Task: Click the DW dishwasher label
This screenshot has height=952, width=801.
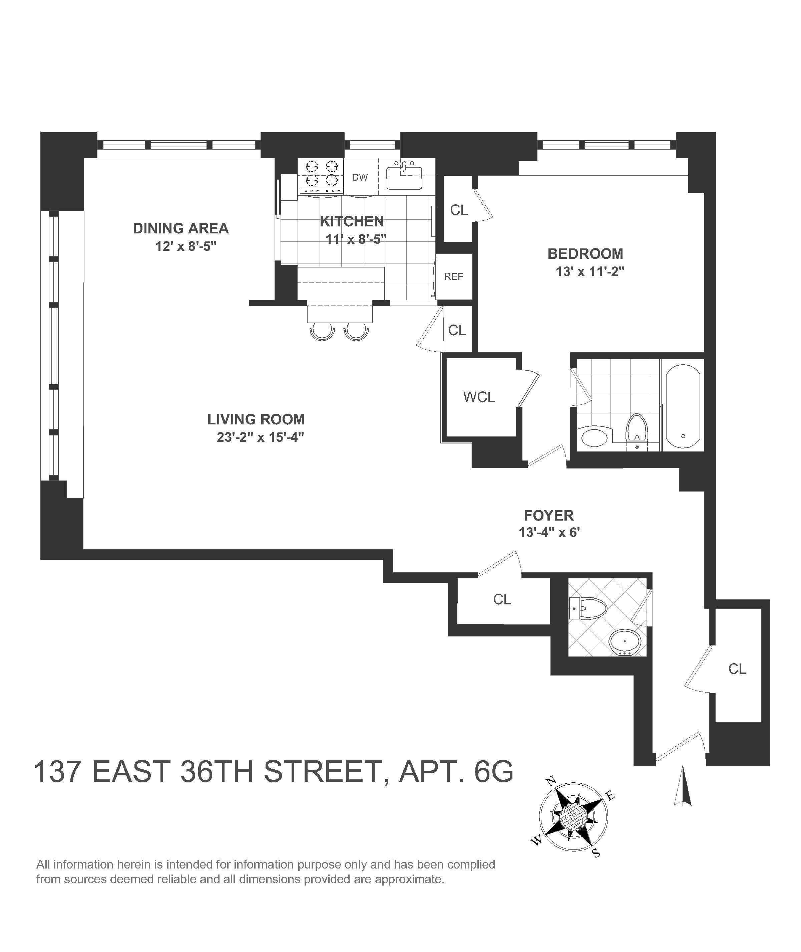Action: point(360,177)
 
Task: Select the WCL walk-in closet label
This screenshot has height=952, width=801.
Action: point(479,397)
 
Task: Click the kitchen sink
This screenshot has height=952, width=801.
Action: point(404,178)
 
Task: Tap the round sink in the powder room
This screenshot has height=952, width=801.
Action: point(625,642)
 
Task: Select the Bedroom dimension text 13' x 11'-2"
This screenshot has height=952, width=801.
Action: point(590,272)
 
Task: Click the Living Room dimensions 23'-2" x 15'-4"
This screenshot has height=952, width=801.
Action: point(260,437)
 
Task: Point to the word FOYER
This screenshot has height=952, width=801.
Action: point(548,515)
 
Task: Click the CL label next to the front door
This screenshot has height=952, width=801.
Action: point(737,669)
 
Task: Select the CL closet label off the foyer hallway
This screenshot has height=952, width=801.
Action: point(502,599)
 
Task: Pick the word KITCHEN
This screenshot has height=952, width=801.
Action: point(352,221)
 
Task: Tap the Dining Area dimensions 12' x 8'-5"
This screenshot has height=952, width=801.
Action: point(186,246)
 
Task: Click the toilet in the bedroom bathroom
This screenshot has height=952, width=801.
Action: point(637,427)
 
